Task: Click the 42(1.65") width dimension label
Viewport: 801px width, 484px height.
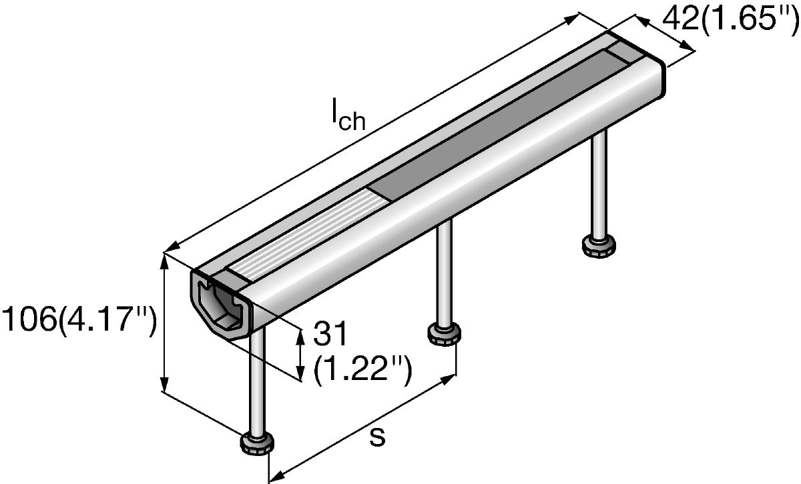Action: [731, 19]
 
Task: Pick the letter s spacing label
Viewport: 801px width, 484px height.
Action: [377, 437]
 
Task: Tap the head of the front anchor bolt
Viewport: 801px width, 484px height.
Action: [257, 444]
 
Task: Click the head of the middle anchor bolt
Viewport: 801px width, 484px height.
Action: [444, 334]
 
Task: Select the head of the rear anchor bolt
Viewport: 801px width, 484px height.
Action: [599, 246]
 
